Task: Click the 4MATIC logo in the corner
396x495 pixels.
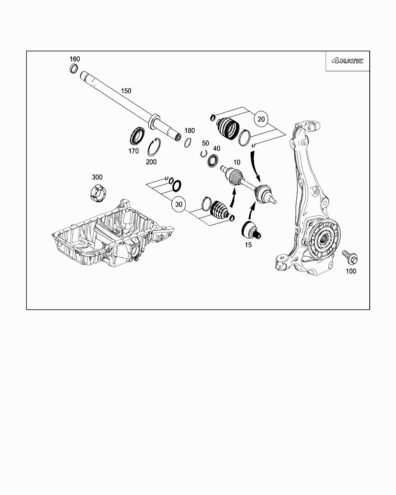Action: click(x=347, y=61)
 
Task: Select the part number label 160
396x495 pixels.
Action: click(x=75, y=59)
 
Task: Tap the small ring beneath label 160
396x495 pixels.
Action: click(x=73, y=69)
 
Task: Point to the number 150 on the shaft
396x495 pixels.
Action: click(x=126, y=91)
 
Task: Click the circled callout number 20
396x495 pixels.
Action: click(x=261, y=119)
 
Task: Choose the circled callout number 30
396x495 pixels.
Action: click(x=179, y=204)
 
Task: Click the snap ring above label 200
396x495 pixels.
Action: click(x=154, y=147)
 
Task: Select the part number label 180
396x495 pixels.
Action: click(x=189, y=131)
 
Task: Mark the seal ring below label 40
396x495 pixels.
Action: click(x=213, y=161)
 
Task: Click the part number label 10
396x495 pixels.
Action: click(x=237, y=162)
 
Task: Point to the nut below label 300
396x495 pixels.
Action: click(x=98, y=193)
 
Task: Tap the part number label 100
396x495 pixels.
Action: click(x=351, y=271)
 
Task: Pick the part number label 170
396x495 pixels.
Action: click(x=133, y=151)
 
